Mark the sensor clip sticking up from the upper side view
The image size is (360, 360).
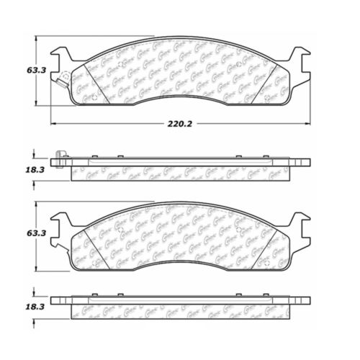tap(60, 154)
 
